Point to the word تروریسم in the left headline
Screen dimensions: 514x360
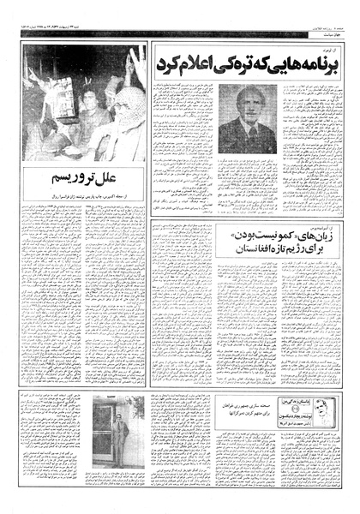point(72,179)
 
